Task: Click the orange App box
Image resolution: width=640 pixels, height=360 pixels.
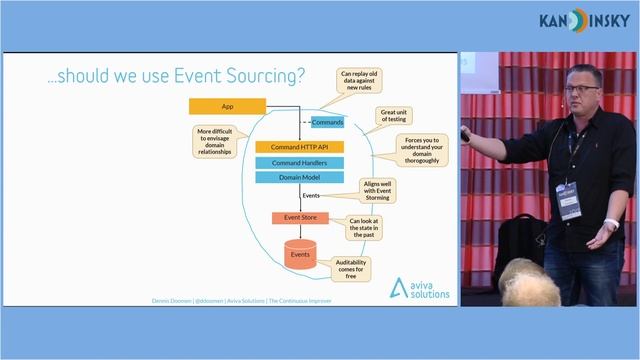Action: pos(227,105)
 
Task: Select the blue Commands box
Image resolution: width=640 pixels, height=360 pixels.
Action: pos(327,122)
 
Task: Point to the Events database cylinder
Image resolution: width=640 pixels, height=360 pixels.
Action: pos(299,255)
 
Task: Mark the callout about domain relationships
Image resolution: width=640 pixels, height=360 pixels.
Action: pos(217,142)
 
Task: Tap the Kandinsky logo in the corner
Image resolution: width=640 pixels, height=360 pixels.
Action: pos(582,20)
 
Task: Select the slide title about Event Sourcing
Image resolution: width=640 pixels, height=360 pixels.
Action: pos(176,75)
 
